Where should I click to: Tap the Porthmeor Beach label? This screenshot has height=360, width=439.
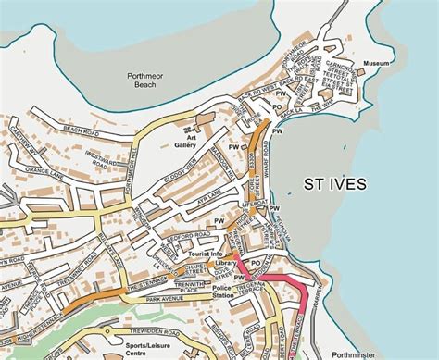coord(154,81)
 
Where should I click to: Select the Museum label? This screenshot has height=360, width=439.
coord(376,64)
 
